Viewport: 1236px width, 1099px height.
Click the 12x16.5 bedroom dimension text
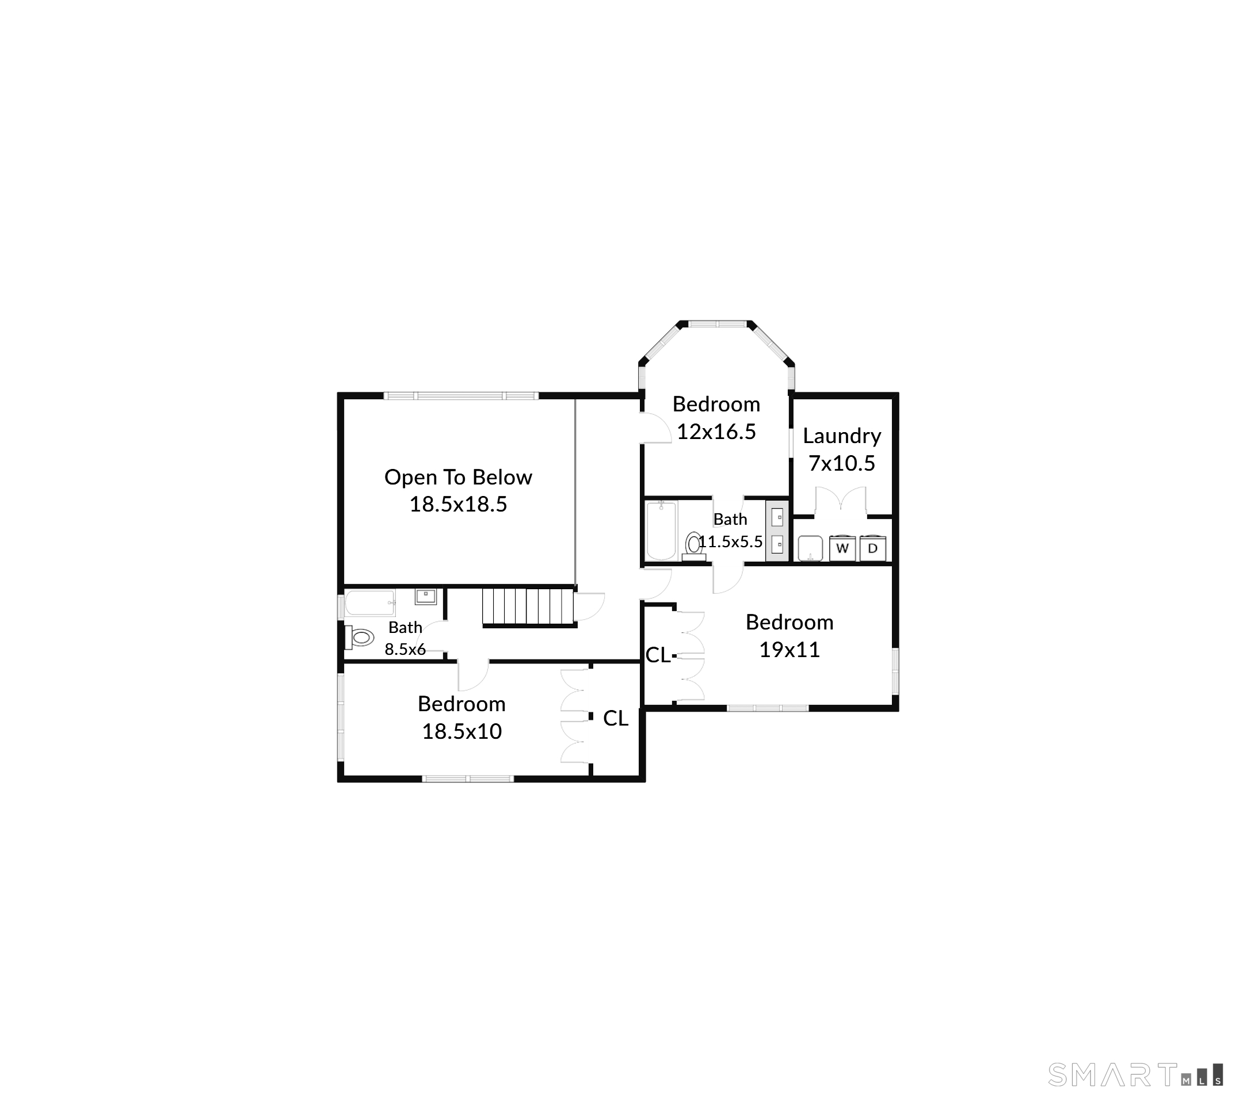click(x=716, y=432)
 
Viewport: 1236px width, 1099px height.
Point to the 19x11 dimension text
click(x=789, y=650)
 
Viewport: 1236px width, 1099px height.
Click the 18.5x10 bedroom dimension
click(x=462, y=731)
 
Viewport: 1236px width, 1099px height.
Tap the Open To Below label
click(x=459, y=477)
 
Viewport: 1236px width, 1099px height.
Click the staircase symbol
click(x=528, y=607)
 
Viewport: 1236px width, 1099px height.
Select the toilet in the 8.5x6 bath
click(x=359, y=637)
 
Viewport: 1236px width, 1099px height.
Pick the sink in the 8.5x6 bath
click(x=426, y=596)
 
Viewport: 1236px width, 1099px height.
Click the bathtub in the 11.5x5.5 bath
click(x=661, y=531)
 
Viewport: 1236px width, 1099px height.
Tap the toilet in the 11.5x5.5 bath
click(x=693, y=545)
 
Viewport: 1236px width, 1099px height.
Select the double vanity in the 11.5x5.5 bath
click(x=777, y=531)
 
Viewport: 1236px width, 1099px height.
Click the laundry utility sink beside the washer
click(x=810, y=548)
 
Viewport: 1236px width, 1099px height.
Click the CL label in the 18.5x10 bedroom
click(x=616, y=718)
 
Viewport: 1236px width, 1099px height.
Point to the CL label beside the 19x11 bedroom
click(x=658, y=655)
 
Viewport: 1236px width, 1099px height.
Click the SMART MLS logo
click(x=1136, y=1074)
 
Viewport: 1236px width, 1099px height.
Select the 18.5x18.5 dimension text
click(x=459, y=504)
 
